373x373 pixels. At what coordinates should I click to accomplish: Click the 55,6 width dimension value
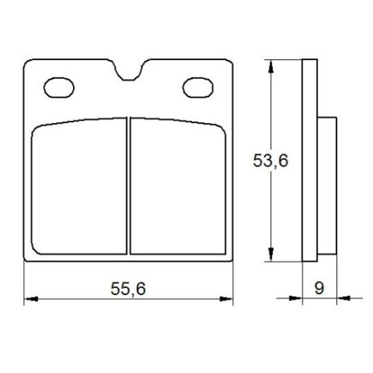coord(128,289)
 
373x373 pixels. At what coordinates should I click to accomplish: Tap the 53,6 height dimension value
coord(271,160)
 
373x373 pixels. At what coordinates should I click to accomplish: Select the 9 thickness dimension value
coord(319,288)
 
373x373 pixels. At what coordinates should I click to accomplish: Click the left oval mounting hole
coord(59,88)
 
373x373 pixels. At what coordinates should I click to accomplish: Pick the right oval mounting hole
coord(198,88)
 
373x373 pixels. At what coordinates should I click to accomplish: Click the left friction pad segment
coord(79,186)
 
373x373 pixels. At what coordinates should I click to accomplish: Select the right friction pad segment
coord(178,186)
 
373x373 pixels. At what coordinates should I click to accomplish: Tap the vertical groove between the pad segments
coord(128,186)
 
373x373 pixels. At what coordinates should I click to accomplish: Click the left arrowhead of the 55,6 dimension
coord(31,299)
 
